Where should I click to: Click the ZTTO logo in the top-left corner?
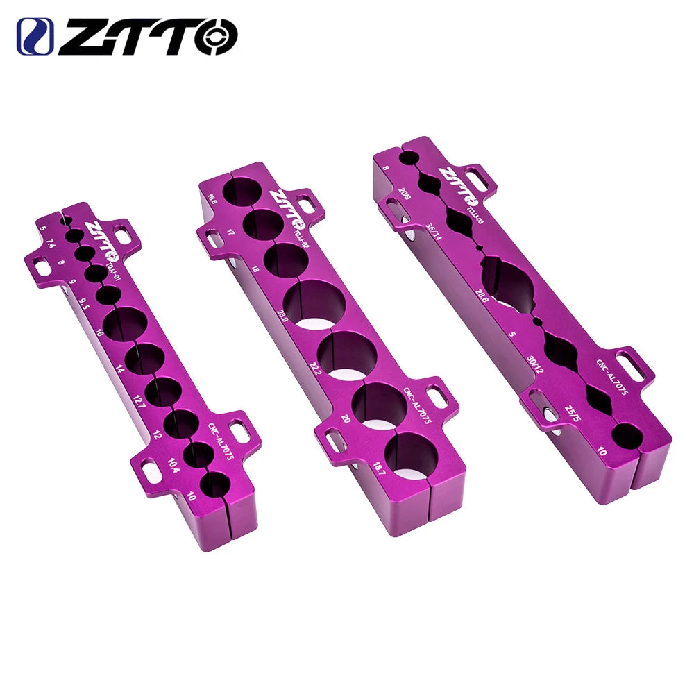tap(127, 36)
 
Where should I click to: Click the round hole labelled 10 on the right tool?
tap(627, 437)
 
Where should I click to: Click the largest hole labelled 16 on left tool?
tap(126, 323)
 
